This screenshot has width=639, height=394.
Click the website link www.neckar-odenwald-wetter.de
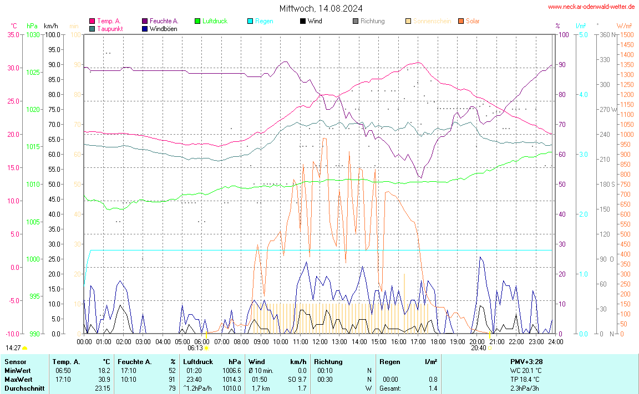tap(591, 7)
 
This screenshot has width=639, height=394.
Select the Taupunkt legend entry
tap(110, 28)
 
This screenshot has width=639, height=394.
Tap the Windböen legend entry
tap(163, 28)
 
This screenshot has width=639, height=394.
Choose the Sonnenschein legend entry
tap(432, 21)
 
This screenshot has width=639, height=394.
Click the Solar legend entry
tap(473, 21)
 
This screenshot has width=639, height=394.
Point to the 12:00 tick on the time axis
tap(320, 341)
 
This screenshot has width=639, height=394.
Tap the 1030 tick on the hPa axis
tap(33, 34)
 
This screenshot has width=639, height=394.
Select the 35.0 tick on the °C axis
tap(13, 34)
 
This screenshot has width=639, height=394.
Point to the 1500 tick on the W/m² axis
tap(627, 34)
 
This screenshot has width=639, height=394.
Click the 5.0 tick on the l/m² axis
tap(584, 34)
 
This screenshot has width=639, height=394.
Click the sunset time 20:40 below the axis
tap(479, 348)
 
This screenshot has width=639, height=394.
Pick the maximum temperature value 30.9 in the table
tap(104, 380)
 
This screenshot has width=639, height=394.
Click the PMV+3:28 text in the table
tap(526, 362)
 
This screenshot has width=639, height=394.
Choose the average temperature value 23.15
tap(102, 388)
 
